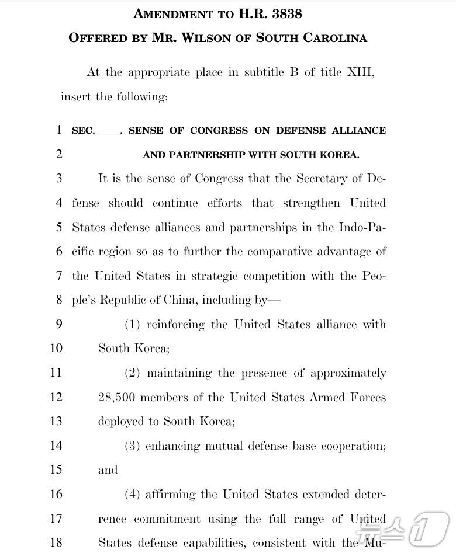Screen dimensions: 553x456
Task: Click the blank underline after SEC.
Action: (x=109, y=131)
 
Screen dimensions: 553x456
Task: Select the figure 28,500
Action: (x=116, y=398)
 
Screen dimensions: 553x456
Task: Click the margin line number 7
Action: (x=59, y=276)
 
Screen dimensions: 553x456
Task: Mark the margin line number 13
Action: (x=56, y=422)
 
